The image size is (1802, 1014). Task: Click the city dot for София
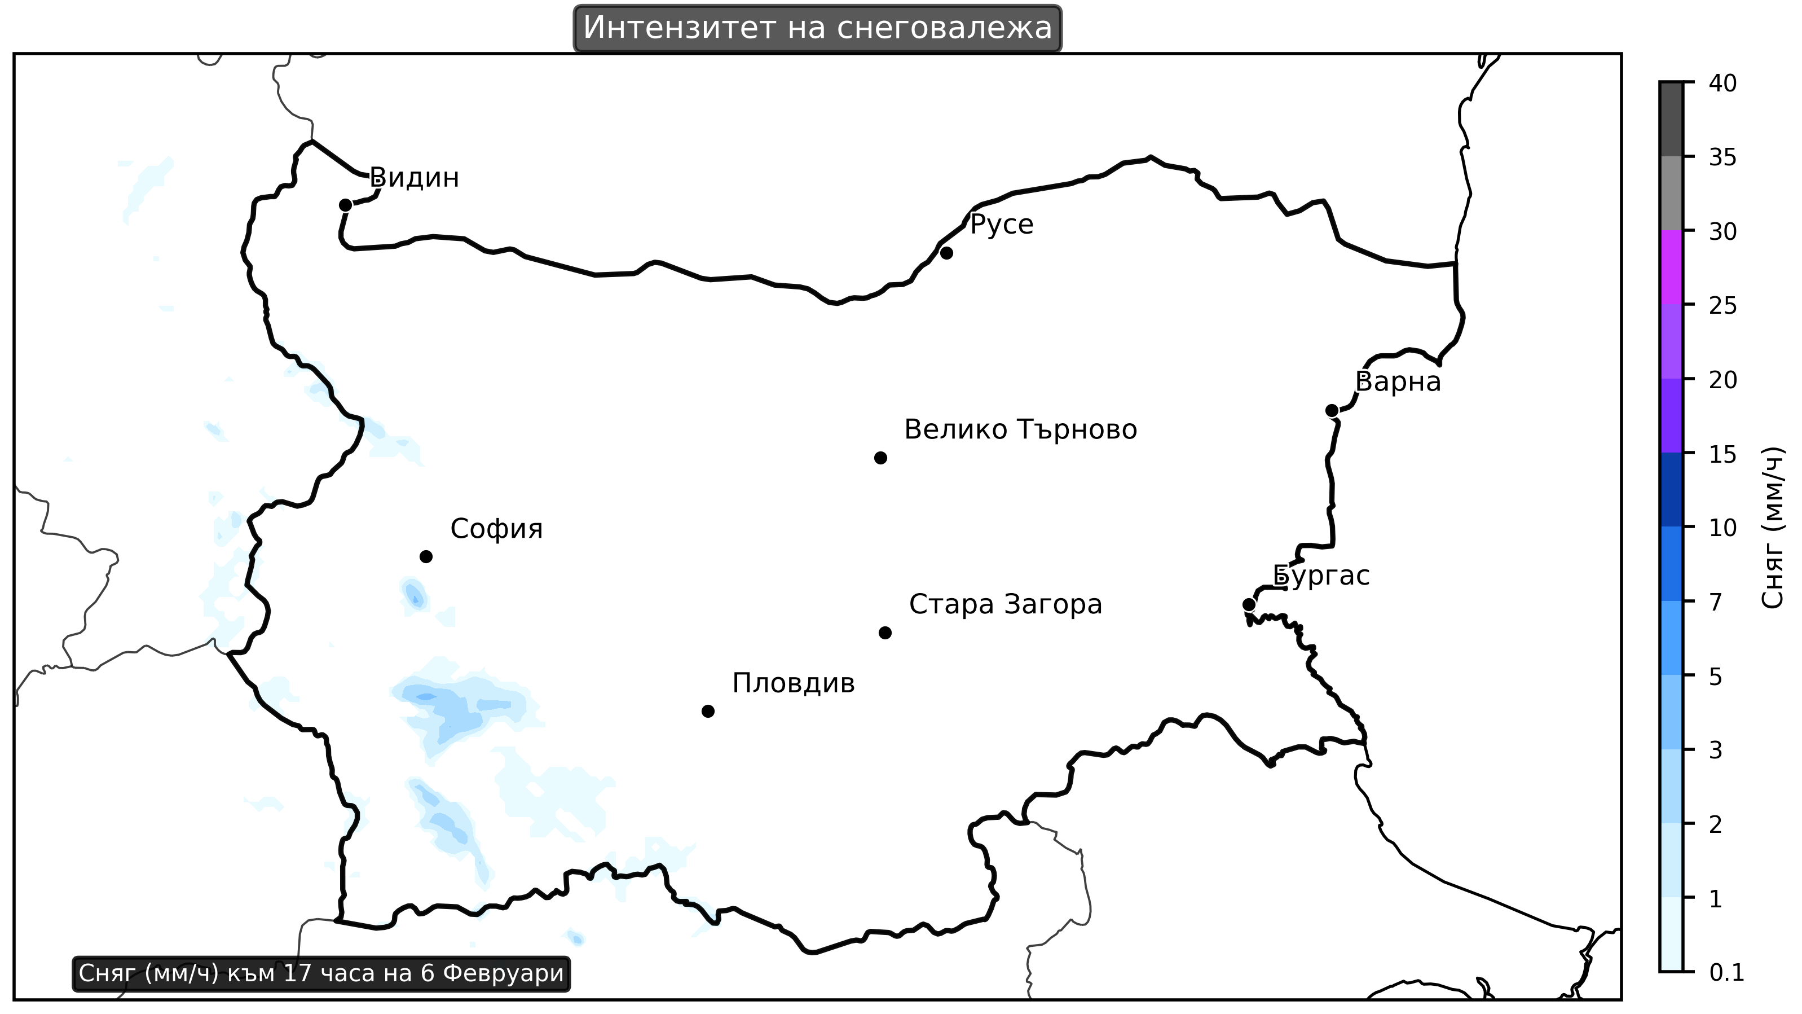coord(426,557)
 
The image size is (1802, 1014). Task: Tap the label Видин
coord(414,178)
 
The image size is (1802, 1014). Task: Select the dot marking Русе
coord(946,253)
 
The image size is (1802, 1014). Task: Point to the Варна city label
coord(1398,382)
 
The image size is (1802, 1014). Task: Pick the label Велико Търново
coord(1021,429)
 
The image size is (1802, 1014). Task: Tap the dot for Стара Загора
coord(885,633)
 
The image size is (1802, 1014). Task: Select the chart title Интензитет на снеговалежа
coord(817,29)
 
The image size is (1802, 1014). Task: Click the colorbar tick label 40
coord(1722,84)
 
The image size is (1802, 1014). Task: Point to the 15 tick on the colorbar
coord(1722,455)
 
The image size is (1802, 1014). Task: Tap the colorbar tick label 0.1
coord(1726,973)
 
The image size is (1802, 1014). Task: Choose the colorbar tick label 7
coord(1715,603)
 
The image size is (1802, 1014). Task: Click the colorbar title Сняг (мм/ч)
coord(1773,528)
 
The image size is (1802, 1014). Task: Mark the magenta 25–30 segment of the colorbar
coord(1671,267)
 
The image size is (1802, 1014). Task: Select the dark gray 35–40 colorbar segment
coord(1671,119)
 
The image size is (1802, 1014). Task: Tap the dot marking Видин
coord(345,205)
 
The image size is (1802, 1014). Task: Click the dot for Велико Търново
coord(881,458)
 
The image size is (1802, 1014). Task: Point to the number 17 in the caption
coord(297,973)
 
